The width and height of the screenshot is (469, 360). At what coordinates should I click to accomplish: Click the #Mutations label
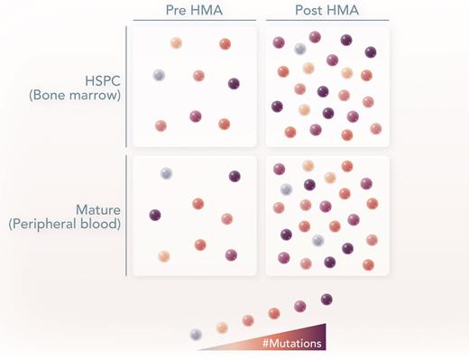click(293, 343)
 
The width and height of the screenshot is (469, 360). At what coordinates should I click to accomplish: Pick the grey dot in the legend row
click(196, 334)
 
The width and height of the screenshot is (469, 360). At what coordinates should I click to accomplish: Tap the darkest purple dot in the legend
click(326, 299)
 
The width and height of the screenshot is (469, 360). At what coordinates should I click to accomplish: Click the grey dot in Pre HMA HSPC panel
click(159, 75)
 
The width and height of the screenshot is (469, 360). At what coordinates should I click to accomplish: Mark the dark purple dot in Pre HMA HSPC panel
click(234, 84)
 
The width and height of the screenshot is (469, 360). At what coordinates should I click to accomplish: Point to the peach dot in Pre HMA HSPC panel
click(176, 42)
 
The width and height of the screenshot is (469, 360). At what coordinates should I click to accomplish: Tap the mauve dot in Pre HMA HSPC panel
click(196, 115)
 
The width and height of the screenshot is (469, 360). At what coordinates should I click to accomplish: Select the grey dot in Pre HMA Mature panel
click(166, 173)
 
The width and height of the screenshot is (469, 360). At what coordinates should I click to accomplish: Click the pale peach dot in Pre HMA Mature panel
click(163, 256)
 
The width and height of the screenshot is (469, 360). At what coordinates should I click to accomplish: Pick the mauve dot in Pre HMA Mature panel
click(231, 255)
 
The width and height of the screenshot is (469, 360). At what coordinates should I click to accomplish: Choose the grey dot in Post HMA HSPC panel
click(300, 49)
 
